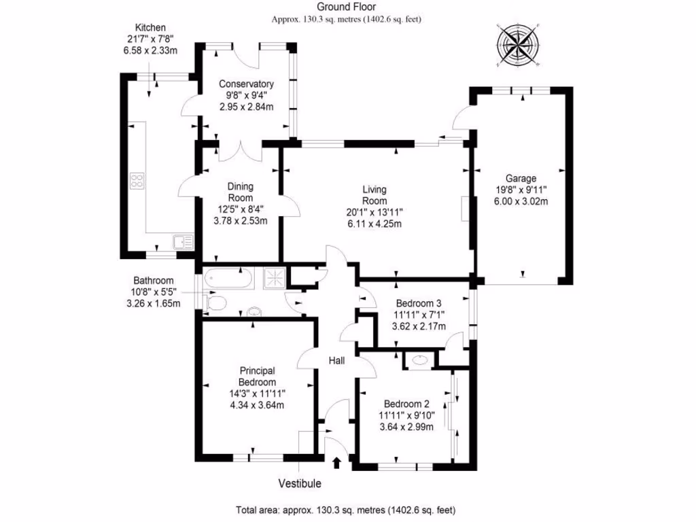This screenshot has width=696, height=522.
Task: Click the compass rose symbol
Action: pos(518,47)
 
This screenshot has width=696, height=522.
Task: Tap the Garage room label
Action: pos(521,179)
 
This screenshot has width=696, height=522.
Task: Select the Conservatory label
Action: pos(246,84)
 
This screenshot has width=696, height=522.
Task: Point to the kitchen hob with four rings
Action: pos(137,181)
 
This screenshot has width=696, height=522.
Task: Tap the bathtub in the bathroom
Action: pos(228,278)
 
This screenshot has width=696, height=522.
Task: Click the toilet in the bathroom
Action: pos(214,303)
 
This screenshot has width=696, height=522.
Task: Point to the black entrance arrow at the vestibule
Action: pos(336,463)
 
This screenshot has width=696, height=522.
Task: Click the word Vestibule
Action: pos(299,484)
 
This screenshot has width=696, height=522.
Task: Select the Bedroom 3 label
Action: pos(419,303)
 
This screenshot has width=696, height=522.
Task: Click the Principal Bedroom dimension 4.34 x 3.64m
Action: pos(256,405)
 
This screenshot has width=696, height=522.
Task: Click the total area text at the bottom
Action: pos(346,510)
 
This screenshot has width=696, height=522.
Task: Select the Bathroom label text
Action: pos(153,280)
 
